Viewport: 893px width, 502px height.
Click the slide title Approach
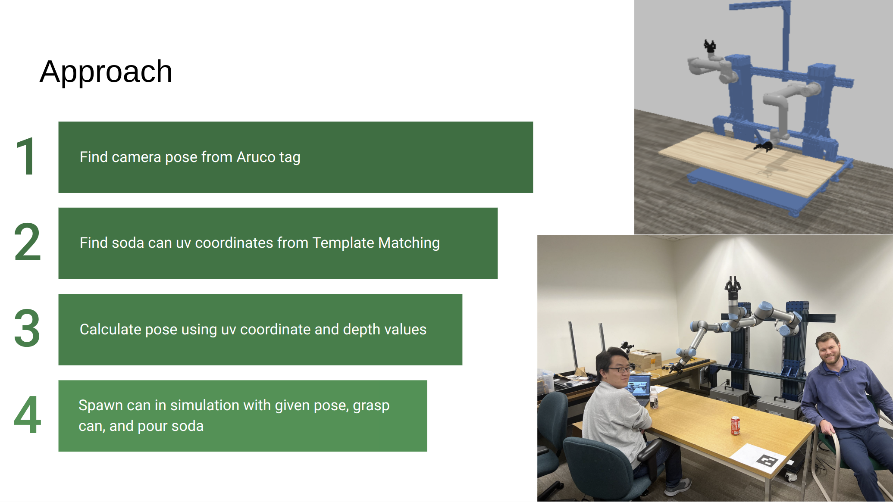[x=106, y=72]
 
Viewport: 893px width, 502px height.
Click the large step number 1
[x=26, y=157]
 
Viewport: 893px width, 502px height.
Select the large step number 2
[x=27, y=243]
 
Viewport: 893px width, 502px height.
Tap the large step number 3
[x=27, y=328]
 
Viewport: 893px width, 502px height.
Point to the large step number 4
[x=27, y=415]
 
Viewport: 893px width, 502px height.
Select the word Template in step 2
[x=343, y=243]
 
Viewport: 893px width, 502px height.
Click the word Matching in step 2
[x=409, y=243]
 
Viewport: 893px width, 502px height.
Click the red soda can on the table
[x=735, y=425]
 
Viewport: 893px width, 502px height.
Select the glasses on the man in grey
[x=620, y=369]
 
